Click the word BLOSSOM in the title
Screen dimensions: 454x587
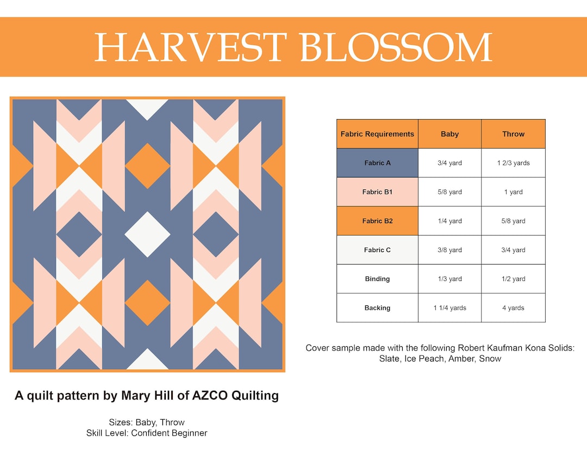click(396, 47)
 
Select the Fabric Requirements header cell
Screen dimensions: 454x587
click(377, 134)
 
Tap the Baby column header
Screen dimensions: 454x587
click(449, 134)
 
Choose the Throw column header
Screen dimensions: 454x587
click(513, 134)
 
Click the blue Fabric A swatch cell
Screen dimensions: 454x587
click(377, 163)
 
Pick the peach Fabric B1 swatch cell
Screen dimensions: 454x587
click(377, 192)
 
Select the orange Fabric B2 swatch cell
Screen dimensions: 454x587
click(377, 221)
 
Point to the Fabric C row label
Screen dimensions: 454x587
click(377, 250)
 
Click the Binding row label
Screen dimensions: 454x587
click(377, 279)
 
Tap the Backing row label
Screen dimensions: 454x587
click(377, 308)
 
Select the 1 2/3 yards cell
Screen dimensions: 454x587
click(513, 163)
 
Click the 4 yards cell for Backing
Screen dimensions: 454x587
click(513, 308)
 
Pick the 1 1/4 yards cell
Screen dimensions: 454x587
click(449, 308)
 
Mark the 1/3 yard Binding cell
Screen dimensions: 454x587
click(449, 279)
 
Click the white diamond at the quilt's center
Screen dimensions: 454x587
click(147, 235)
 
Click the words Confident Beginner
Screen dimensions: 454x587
click(169, 433)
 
